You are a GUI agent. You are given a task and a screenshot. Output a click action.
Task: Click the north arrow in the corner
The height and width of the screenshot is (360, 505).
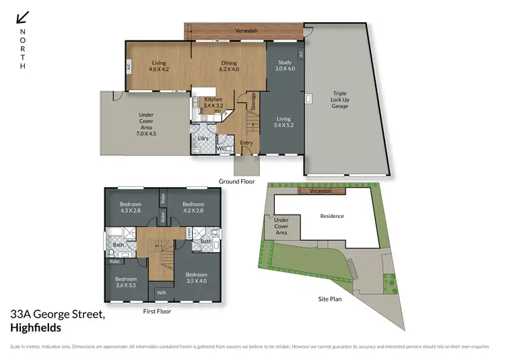23,17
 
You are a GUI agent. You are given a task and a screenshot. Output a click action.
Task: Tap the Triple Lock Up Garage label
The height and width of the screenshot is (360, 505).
339,100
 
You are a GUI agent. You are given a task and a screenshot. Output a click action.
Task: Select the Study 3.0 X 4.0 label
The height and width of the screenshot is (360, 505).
285,66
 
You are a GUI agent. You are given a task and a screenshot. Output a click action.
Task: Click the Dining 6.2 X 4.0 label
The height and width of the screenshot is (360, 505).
230,66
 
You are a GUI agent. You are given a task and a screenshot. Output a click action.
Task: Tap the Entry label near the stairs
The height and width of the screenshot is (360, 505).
246,143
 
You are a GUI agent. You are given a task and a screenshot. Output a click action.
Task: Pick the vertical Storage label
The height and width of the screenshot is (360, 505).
254,102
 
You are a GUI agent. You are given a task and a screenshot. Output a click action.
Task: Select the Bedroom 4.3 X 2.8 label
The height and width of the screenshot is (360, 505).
131,207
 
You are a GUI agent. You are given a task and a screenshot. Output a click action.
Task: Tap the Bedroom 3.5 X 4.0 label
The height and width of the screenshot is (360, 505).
196,277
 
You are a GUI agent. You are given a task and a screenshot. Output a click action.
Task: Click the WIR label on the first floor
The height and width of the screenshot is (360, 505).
162,293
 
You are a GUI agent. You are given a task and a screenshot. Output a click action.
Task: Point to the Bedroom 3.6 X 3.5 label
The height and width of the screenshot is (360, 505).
125,282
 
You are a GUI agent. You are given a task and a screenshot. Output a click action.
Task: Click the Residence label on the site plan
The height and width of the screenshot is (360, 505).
332,216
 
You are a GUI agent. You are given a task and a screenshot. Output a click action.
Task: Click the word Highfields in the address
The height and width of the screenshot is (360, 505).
36,328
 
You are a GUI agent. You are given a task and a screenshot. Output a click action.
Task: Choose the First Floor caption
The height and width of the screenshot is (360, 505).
158,312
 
